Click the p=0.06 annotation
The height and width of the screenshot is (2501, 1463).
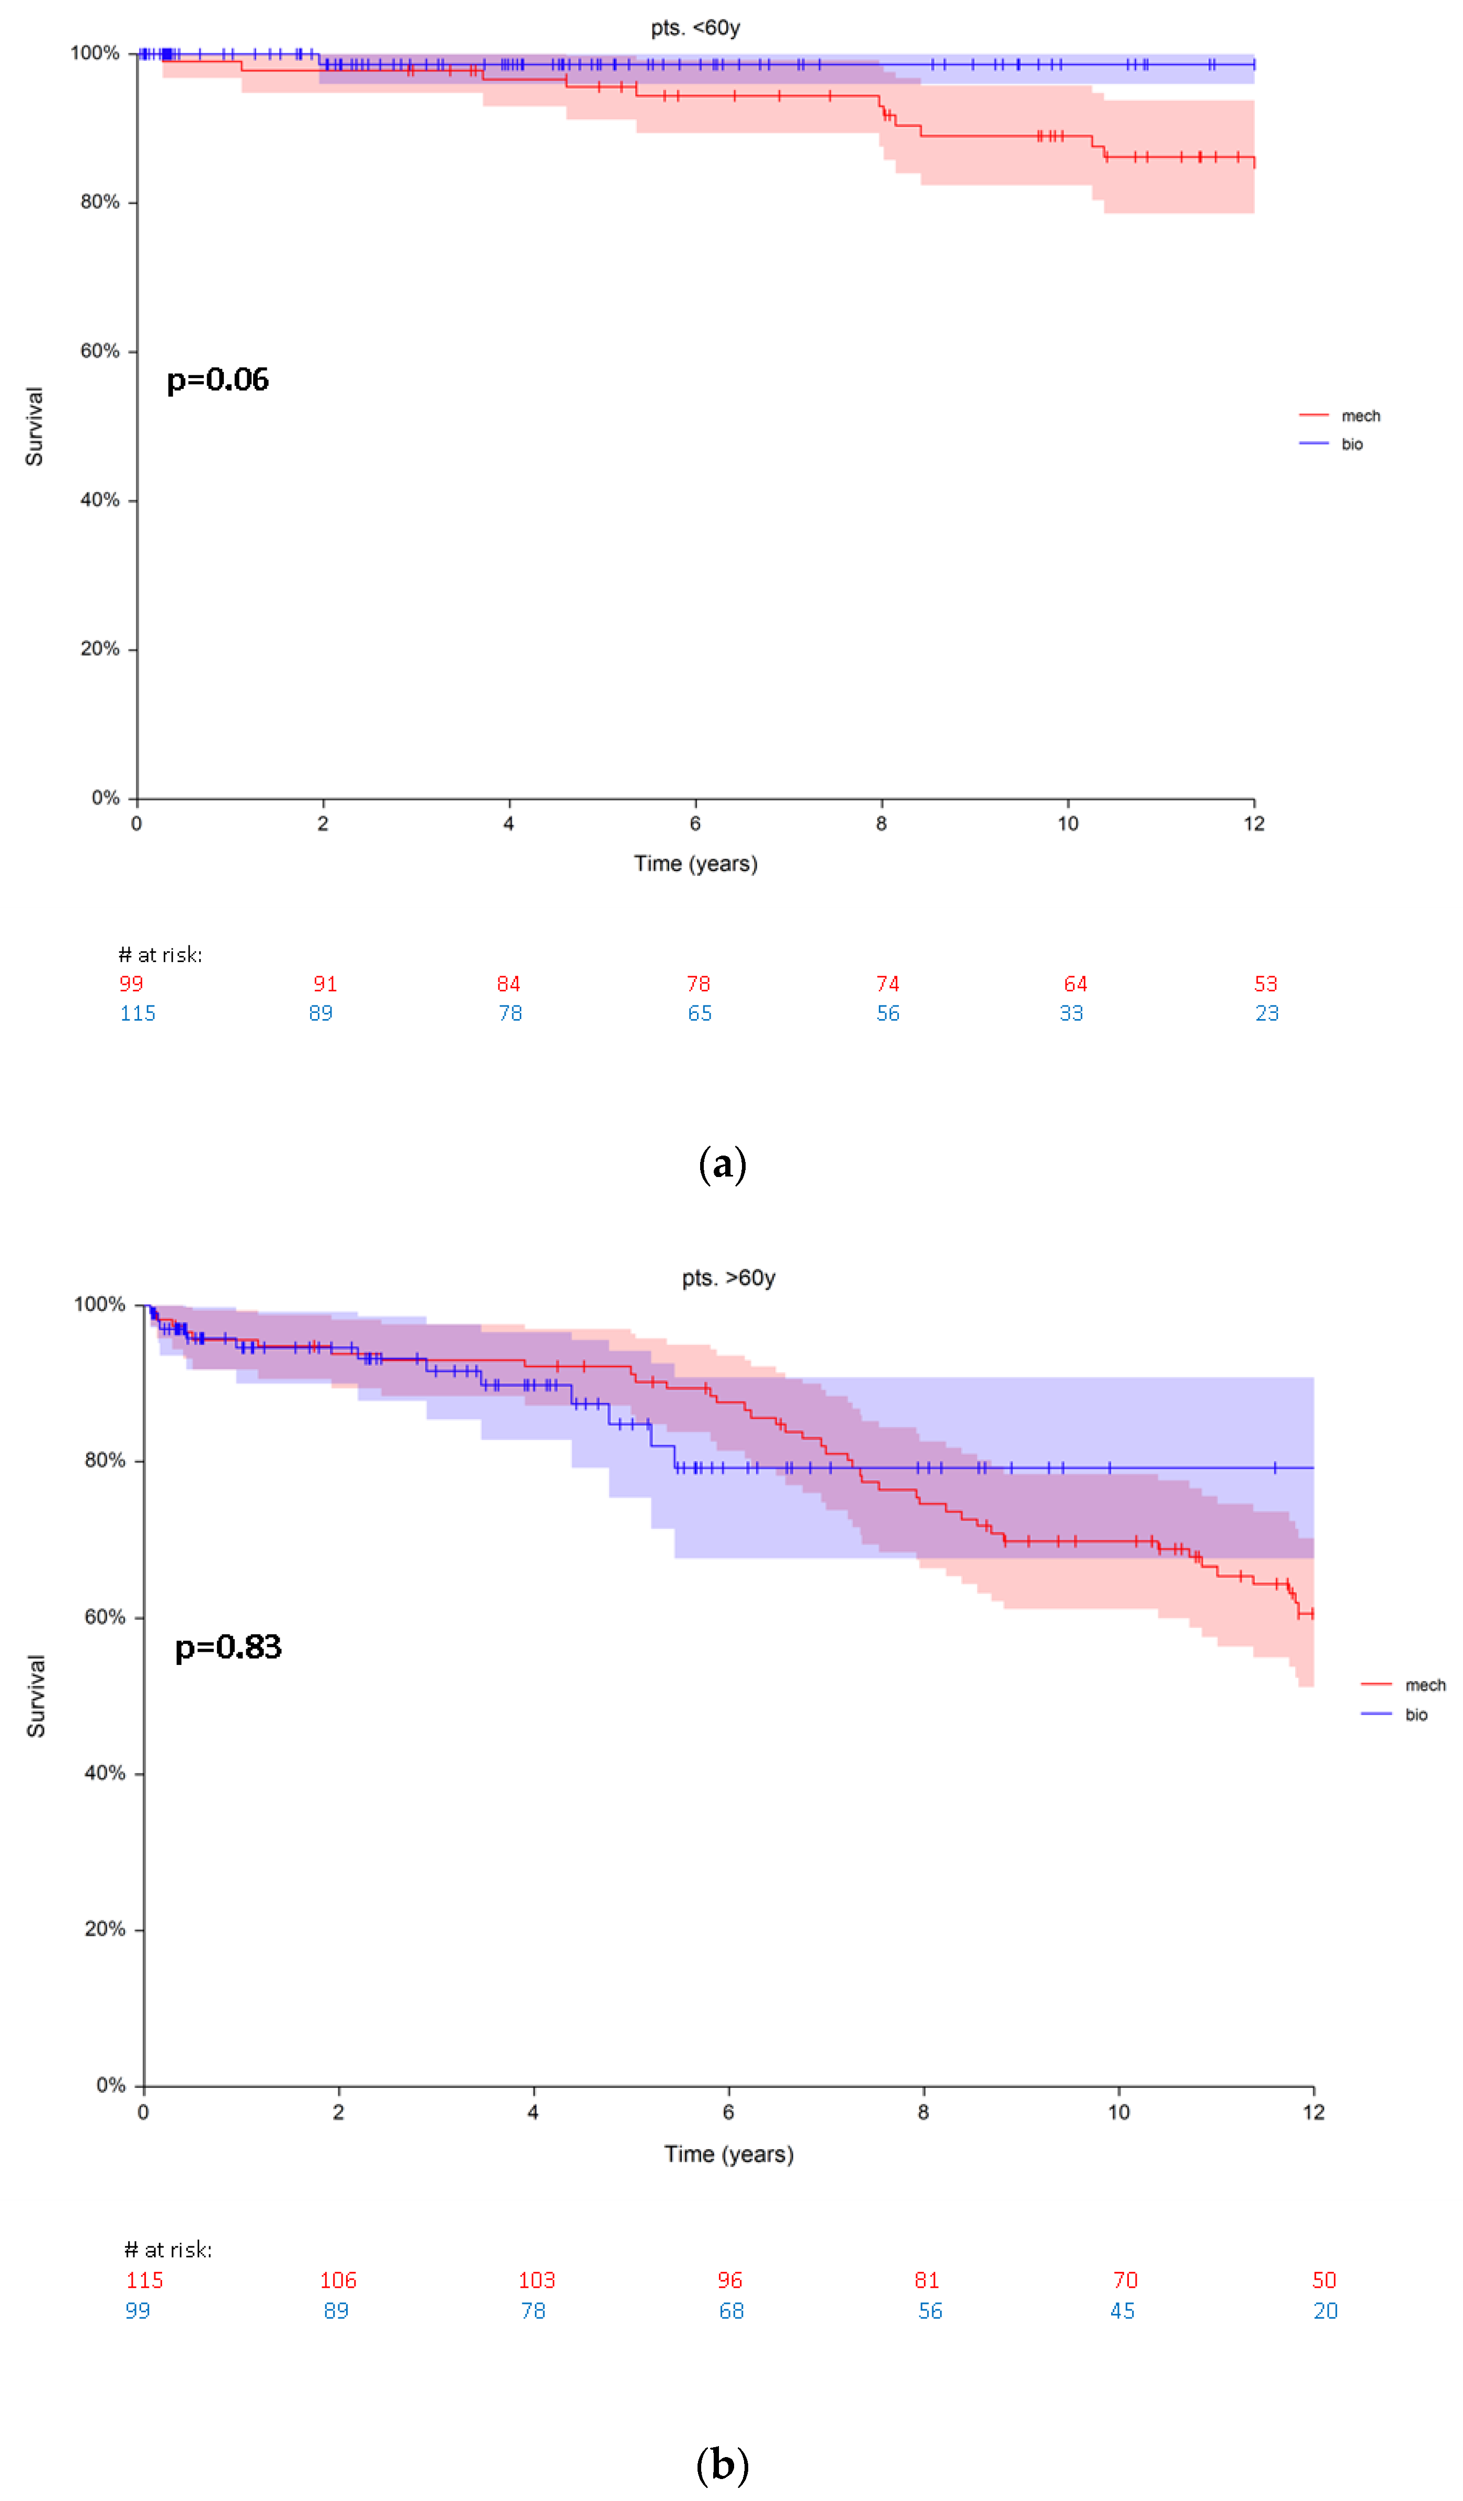[218, 380]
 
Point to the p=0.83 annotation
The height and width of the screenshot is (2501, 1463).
[228, 1648]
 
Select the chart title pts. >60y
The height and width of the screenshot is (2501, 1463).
[728, 1278]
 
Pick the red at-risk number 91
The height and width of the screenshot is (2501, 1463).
[325, 985]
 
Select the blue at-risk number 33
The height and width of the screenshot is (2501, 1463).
[1071, 1013]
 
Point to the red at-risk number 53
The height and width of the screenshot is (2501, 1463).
[1265, 985]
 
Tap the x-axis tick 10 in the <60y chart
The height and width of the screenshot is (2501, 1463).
[1068, 824]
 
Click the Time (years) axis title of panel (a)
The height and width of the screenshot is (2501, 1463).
[696, 864]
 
